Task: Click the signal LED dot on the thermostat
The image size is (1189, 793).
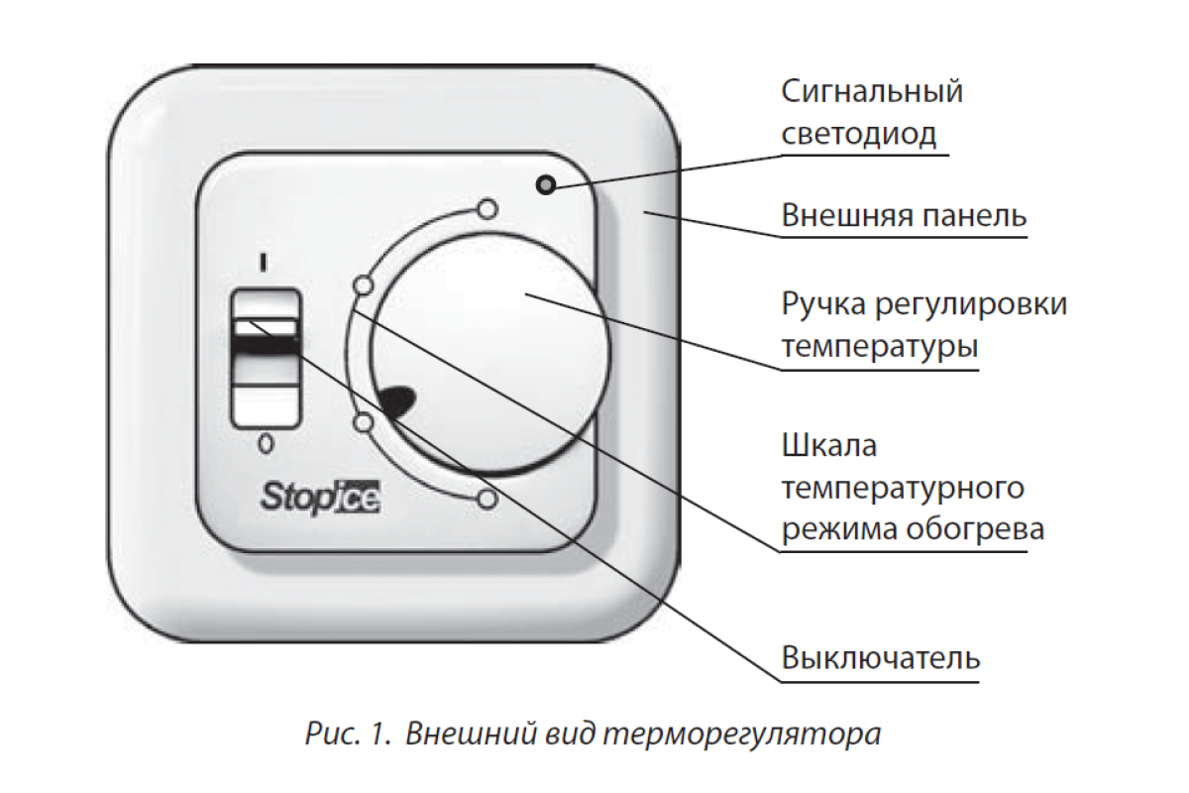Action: [546, 184]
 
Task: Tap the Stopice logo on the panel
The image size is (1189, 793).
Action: [321, 498]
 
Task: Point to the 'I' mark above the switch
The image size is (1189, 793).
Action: [264, 263]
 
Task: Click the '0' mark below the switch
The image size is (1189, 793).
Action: [266, 443]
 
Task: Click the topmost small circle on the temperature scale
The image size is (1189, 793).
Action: [487, 209]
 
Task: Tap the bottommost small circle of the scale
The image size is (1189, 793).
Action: [487, 500]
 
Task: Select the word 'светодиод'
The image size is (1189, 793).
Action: [858, 133]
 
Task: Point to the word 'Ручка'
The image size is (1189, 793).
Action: [823, 305]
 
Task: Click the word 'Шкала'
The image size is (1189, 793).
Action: [828, 445]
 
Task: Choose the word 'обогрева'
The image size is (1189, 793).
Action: [976, 529]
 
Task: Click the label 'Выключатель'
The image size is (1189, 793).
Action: [880, 657]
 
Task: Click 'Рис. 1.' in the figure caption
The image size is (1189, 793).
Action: [348, 735]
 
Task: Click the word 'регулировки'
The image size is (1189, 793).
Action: [971, 306]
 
